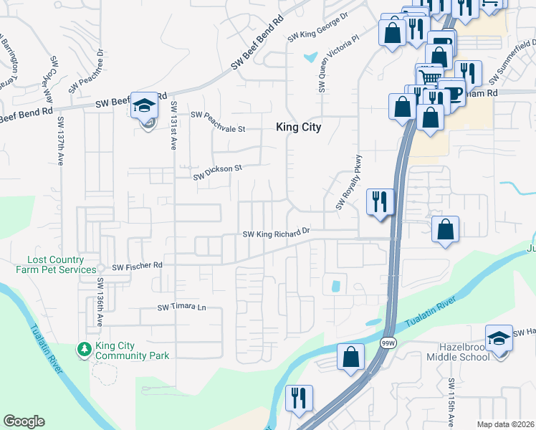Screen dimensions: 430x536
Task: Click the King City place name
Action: point(299,128)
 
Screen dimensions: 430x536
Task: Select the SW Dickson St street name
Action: point(218,171)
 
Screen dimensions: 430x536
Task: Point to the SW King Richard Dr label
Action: point(276,233)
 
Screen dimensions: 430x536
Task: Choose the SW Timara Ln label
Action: point(181,307)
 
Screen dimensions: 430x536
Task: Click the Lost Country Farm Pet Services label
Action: point(56,265)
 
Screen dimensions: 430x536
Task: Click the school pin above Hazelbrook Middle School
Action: point(499,338)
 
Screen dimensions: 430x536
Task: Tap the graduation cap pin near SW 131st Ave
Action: point(144,107)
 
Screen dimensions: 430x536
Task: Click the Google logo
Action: point(24,421)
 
